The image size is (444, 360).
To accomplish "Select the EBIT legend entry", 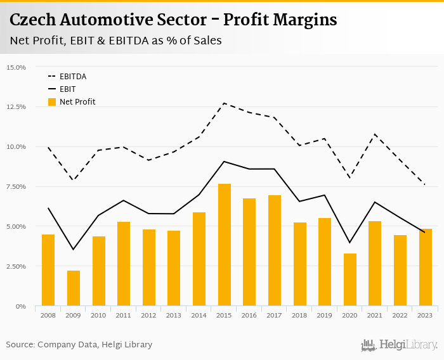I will click(x=68, y=89).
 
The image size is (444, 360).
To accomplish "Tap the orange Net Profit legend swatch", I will click(x=52, y=102).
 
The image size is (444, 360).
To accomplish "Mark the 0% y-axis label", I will click(x=20, y=306).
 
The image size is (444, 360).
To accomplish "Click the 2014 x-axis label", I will click(x=199, y=315).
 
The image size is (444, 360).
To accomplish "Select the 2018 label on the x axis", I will click(x=300, y=315).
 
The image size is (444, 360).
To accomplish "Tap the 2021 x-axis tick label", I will click(x=375, y=315).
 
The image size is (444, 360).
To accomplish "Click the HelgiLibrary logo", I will click(x=399, y=345).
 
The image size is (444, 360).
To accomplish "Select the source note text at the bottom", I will click(x=79, y=345).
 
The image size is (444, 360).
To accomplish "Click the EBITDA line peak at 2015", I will click(x=225, y=103).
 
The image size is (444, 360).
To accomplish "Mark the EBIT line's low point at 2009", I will click(x=74, y=249).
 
